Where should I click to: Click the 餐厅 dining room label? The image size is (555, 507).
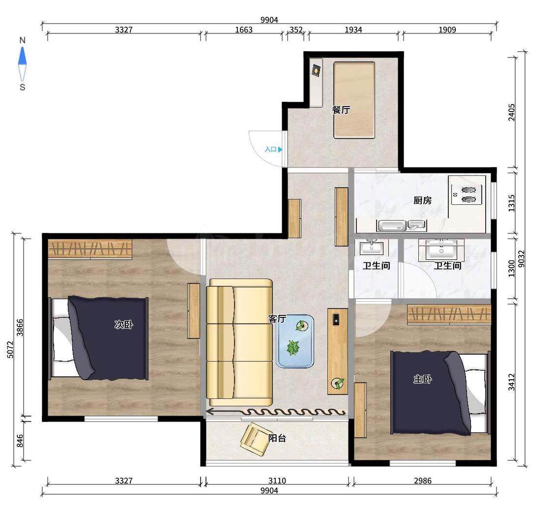pyautogui.click(x=341, y=110)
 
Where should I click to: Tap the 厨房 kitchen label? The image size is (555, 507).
pyautogui.click(x=422, y=200)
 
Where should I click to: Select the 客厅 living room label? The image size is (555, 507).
pyautogui.click(x=277, y=319)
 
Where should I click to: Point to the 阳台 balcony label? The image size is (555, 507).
pyautogui.click(x=277, y=438)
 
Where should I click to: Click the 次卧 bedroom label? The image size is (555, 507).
pyautogui.click(x=123, y=324)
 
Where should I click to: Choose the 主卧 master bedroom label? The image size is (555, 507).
pyautogui.click(x=422, y=379)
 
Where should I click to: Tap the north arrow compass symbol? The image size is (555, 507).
pyautogui.click(x=22, y=64)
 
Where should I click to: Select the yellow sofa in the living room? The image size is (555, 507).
pyautogui.click(x=239, y=342)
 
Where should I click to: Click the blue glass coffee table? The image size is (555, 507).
pyautogui.click(x=295, y=341)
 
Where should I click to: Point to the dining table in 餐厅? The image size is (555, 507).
pyautogui.click(x=354, y=100)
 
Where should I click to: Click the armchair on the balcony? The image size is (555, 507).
pyautogui.click(x=254, y=439)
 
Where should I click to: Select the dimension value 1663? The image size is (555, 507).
pyautogui.click(x=244, y=29)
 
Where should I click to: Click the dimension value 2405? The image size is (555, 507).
pyautogui.click(x=512, y=112)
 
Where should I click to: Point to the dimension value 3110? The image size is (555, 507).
pyautogui.click(x=277, y=480)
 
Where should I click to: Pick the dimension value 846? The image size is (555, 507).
pyautogui.click(x=20, y=441)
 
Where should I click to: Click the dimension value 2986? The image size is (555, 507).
pyautogui.click(x=423, y=480)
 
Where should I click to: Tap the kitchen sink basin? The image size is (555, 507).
pyautogui.click(x=391, y=225)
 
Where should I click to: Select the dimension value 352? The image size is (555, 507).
pyautogui.click(x=296, y=29)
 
